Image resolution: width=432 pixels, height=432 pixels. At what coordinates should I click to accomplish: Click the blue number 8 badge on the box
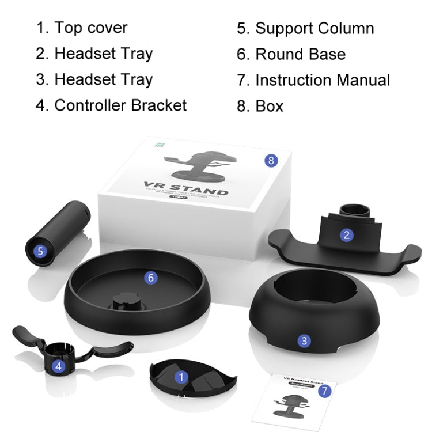click(271, 160)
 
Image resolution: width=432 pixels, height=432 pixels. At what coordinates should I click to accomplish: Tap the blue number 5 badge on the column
click(40, 251)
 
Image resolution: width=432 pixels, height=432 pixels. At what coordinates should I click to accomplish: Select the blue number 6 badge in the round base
click(151, 278)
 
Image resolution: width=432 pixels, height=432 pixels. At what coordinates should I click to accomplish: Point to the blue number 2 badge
click(346, 234)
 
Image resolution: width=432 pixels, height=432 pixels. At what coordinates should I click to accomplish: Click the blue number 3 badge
click(305, 340)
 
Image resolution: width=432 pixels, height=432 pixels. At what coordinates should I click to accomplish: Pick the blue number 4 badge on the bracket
click(59, 365)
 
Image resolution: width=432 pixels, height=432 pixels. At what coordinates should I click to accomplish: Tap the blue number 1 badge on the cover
click(182, 378)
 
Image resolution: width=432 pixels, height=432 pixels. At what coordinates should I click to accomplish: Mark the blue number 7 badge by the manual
click(325, 391)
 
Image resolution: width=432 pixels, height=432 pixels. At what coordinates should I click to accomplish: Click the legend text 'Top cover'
click(90, 28)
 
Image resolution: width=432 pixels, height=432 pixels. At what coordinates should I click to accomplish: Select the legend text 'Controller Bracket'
click(120, 105)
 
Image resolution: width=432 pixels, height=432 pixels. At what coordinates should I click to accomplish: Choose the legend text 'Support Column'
click(314, 29)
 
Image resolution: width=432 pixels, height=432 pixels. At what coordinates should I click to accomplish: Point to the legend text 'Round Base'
click(300, 55)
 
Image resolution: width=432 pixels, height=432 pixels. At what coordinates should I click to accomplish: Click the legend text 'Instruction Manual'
click(323, 80)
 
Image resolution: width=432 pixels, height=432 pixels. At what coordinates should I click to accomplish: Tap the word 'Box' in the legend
click(269, 106)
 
